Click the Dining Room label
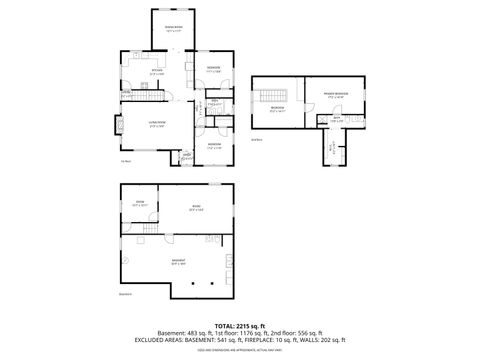[174, 28]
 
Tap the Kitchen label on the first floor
[156, 73]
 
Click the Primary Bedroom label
[336, 95]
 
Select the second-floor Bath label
[338, 120]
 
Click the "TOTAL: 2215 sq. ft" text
[239, 326]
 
